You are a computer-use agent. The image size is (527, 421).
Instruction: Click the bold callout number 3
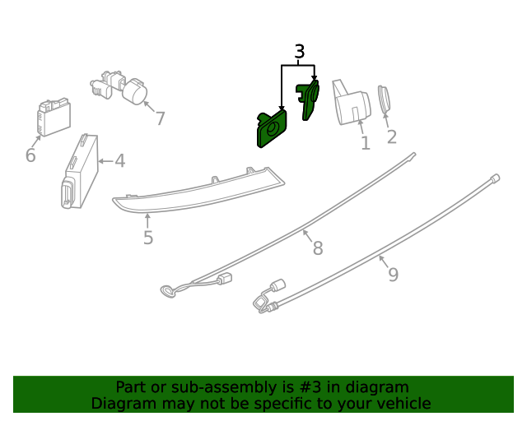(300, 52)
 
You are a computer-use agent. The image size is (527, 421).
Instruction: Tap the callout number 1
(366, 143)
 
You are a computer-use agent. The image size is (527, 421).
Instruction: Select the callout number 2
(392, 136)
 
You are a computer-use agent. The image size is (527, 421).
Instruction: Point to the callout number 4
(120, 161)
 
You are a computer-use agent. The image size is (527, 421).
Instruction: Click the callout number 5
(148, 238)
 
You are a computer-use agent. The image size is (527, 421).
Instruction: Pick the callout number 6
(30, 155)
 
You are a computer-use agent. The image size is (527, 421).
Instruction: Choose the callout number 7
(161, 118)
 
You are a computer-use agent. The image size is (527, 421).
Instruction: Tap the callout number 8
(318, 248)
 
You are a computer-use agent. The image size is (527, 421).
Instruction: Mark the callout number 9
(394, 275)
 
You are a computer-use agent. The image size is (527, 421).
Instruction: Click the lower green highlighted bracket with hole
(272, 128)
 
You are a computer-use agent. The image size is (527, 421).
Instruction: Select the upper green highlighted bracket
(308, 99)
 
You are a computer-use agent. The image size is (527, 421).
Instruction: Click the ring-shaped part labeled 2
(384, 99)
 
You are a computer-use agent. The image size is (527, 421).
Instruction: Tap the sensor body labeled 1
(351, 103)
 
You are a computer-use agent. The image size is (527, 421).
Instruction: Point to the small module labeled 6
(54, 117)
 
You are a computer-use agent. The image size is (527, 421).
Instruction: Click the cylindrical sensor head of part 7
(135, 91)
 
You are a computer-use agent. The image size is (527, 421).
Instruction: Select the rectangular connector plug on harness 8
(224, 279)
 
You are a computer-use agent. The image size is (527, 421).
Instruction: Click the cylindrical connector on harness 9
(278, 285)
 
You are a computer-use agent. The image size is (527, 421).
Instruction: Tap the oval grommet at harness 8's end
(168, 291)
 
